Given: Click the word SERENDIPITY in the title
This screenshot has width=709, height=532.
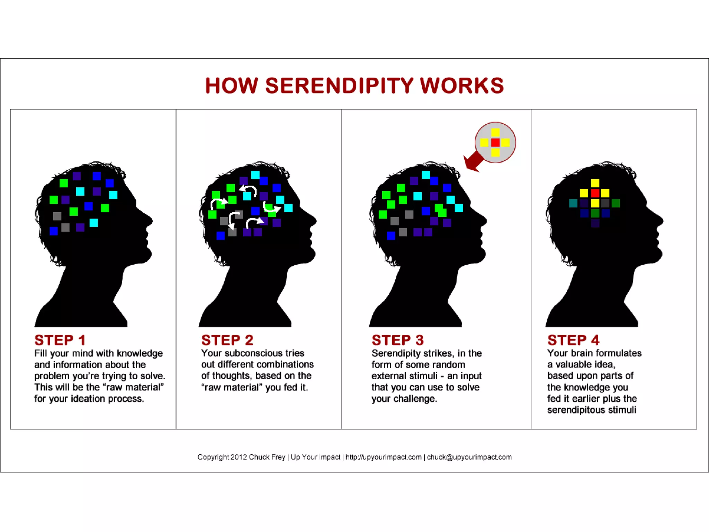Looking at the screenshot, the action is tap(339, 86).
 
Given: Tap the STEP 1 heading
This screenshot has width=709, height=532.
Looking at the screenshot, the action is tap(60, 340).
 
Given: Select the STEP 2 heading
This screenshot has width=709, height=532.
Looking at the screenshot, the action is tap(227, 340).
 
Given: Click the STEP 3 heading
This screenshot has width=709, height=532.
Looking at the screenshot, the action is tap(397, 340).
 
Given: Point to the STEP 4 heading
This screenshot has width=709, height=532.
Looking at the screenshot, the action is tap(573, 340).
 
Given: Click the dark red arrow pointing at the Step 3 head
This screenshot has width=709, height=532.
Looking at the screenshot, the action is tap(473, 162).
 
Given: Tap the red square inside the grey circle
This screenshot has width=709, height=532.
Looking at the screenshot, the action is tap(495, 142).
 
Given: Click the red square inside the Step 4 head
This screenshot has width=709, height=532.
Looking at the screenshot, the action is tap(595, 193).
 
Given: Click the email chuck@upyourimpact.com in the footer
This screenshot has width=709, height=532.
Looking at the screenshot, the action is tap(469, 457).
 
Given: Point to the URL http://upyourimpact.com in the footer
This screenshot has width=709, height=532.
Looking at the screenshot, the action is tap(383, 457).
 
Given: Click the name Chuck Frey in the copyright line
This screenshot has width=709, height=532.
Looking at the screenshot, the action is tap(267, 457).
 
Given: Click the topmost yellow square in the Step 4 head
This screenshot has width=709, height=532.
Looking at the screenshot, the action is tap(595, 183).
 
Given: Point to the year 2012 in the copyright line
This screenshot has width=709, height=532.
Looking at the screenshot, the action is tap(239, 457).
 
